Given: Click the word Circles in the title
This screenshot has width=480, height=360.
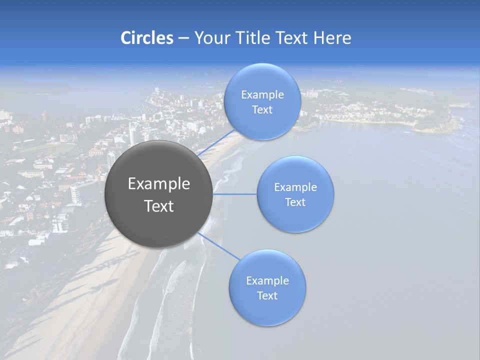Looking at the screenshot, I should [147, 38].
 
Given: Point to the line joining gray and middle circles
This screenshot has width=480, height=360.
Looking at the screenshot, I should [235, 194].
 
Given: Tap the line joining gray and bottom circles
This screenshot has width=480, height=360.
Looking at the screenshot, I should [218, 246].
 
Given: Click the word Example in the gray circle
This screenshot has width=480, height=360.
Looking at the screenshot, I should [158, 184].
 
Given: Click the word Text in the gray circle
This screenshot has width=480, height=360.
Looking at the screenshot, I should [158, 206].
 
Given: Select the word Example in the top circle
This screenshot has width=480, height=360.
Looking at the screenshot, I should [262, 95].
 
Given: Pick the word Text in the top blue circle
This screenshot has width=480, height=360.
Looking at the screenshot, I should [262, 110].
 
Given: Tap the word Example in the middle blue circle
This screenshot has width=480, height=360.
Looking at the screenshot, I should [295, 187].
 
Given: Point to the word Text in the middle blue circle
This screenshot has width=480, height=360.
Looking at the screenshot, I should [295, 202].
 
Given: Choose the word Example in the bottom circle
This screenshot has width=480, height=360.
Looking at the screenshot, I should [267, 281].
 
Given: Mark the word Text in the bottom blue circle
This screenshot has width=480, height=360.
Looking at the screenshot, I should [267, 296].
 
